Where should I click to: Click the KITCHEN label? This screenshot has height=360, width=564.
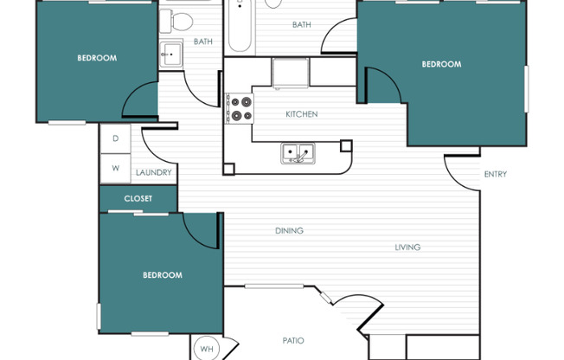pyautogui.click(x=302, y=114)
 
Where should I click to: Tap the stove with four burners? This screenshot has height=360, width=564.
pyautogui.click(x=240, y=108)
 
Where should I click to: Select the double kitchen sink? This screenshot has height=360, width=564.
pyautogui.click(x=298, y=154)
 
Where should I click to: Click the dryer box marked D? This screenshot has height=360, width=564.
pyautogui.click(x=115, y=138)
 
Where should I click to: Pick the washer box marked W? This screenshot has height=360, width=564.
pyautogui.click(x=115, y=168)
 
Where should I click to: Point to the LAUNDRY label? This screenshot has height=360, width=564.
pyautogui.click(x=154, y=173)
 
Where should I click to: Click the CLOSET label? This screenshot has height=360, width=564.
pyautogui.click(x=138, y=198)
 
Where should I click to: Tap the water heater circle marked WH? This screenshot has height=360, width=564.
pyautogui.click(x=207, y=349)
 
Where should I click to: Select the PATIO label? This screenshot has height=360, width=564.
pyautogui.click(x=293, y=341)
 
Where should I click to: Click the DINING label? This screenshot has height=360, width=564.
pyautogui.click(x=289, y=231)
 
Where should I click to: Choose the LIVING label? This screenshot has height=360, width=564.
pyautogui.click(x=407, y=247)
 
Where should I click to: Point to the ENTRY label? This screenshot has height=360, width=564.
pyautogui.click(x=496, y=174)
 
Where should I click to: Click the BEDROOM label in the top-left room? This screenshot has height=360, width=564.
pyautogui.click(x=97, y=58)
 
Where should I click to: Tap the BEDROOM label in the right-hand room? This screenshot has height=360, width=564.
pyautogui.click(x=441, y=64)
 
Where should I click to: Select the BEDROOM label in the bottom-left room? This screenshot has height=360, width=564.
pyautogui.click(x=163, y=275)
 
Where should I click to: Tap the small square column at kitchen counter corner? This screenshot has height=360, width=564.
pyautogui.click(x=346, y=145)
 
